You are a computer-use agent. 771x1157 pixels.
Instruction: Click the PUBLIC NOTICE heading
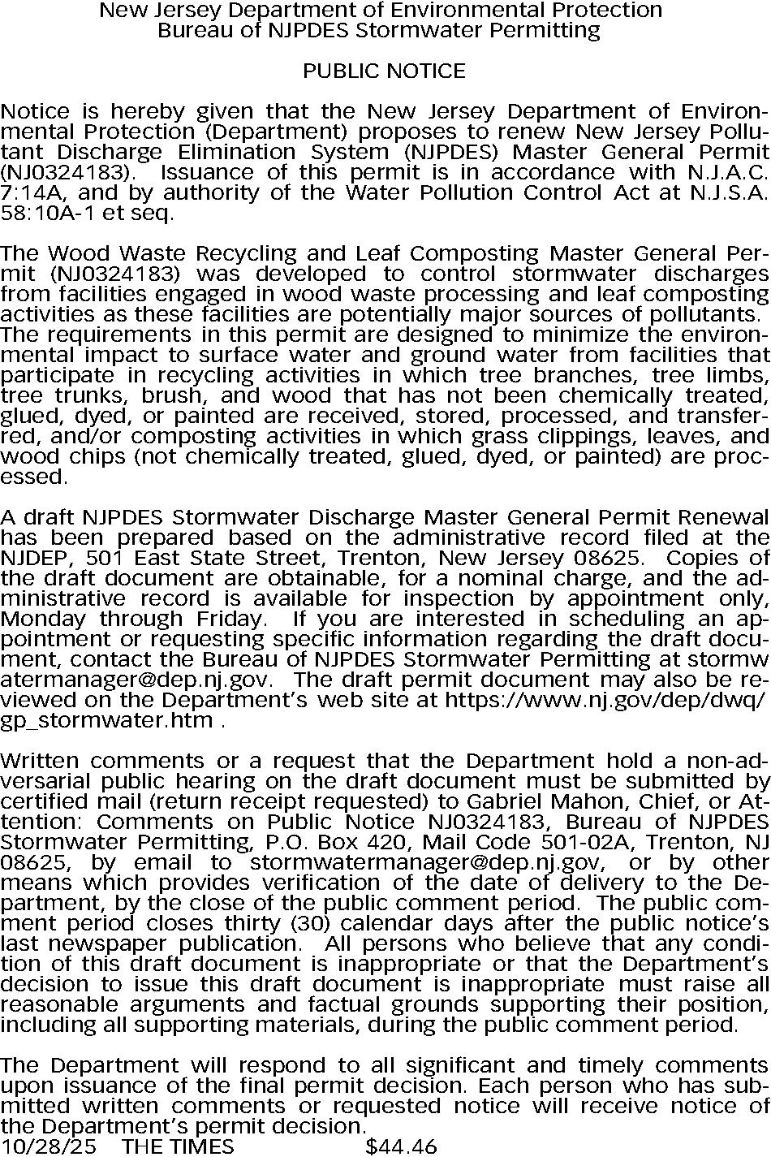point(384,71)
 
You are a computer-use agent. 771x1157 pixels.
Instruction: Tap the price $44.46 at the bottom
point(401,1146)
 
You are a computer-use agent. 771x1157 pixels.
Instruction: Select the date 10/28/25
point(48,1146)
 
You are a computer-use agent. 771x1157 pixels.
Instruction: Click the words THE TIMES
point(177,1146)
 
